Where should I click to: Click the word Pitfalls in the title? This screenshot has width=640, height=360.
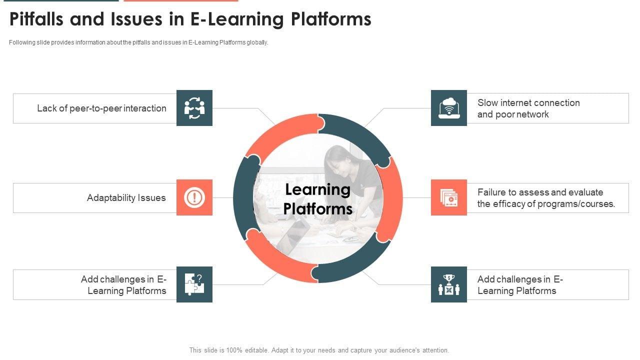[x=37, y=19]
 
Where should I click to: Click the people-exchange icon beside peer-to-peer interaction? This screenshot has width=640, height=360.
[x=194, y=108]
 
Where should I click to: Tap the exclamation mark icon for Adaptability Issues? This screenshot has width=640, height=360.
[x=194, y=197]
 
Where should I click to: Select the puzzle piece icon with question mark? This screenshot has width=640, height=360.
[x=194, y=284]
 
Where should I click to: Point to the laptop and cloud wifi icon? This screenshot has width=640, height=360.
[x=449, y=108]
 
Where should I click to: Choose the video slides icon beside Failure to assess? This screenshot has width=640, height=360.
[x=449, y=197]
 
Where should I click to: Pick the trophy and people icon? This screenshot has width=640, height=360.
[x=449, y=284]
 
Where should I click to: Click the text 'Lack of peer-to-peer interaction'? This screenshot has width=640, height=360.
[x=101, y=108]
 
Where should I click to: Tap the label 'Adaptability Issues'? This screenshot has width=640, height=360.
[x=126, y=198]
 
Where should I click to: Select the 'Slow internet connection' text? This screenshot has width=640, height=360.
[x=528, y=103]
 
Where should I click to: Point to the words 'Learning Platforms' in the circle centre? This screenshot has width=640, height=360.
[x=318, y=198]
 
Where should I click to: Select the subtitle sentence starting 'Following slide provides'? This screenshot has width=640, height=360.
[x=138, y=42]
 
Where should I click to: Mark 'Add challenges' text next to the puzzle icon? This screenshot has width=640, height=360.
[x=123, y=285]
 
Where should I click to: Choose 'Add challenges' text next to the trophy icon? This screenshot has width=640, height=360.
[x=520, y=285]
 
